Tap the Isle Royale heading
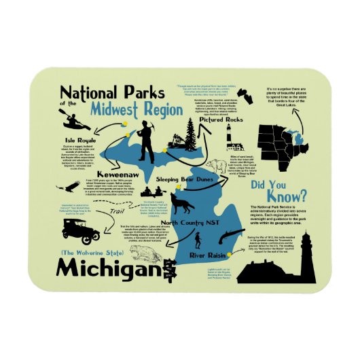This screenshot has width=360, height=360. point(72,140)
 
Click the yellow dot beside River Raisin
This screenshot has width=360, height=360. point(231,254)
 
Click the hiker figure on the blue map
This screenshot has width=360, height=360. point(197,240)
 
